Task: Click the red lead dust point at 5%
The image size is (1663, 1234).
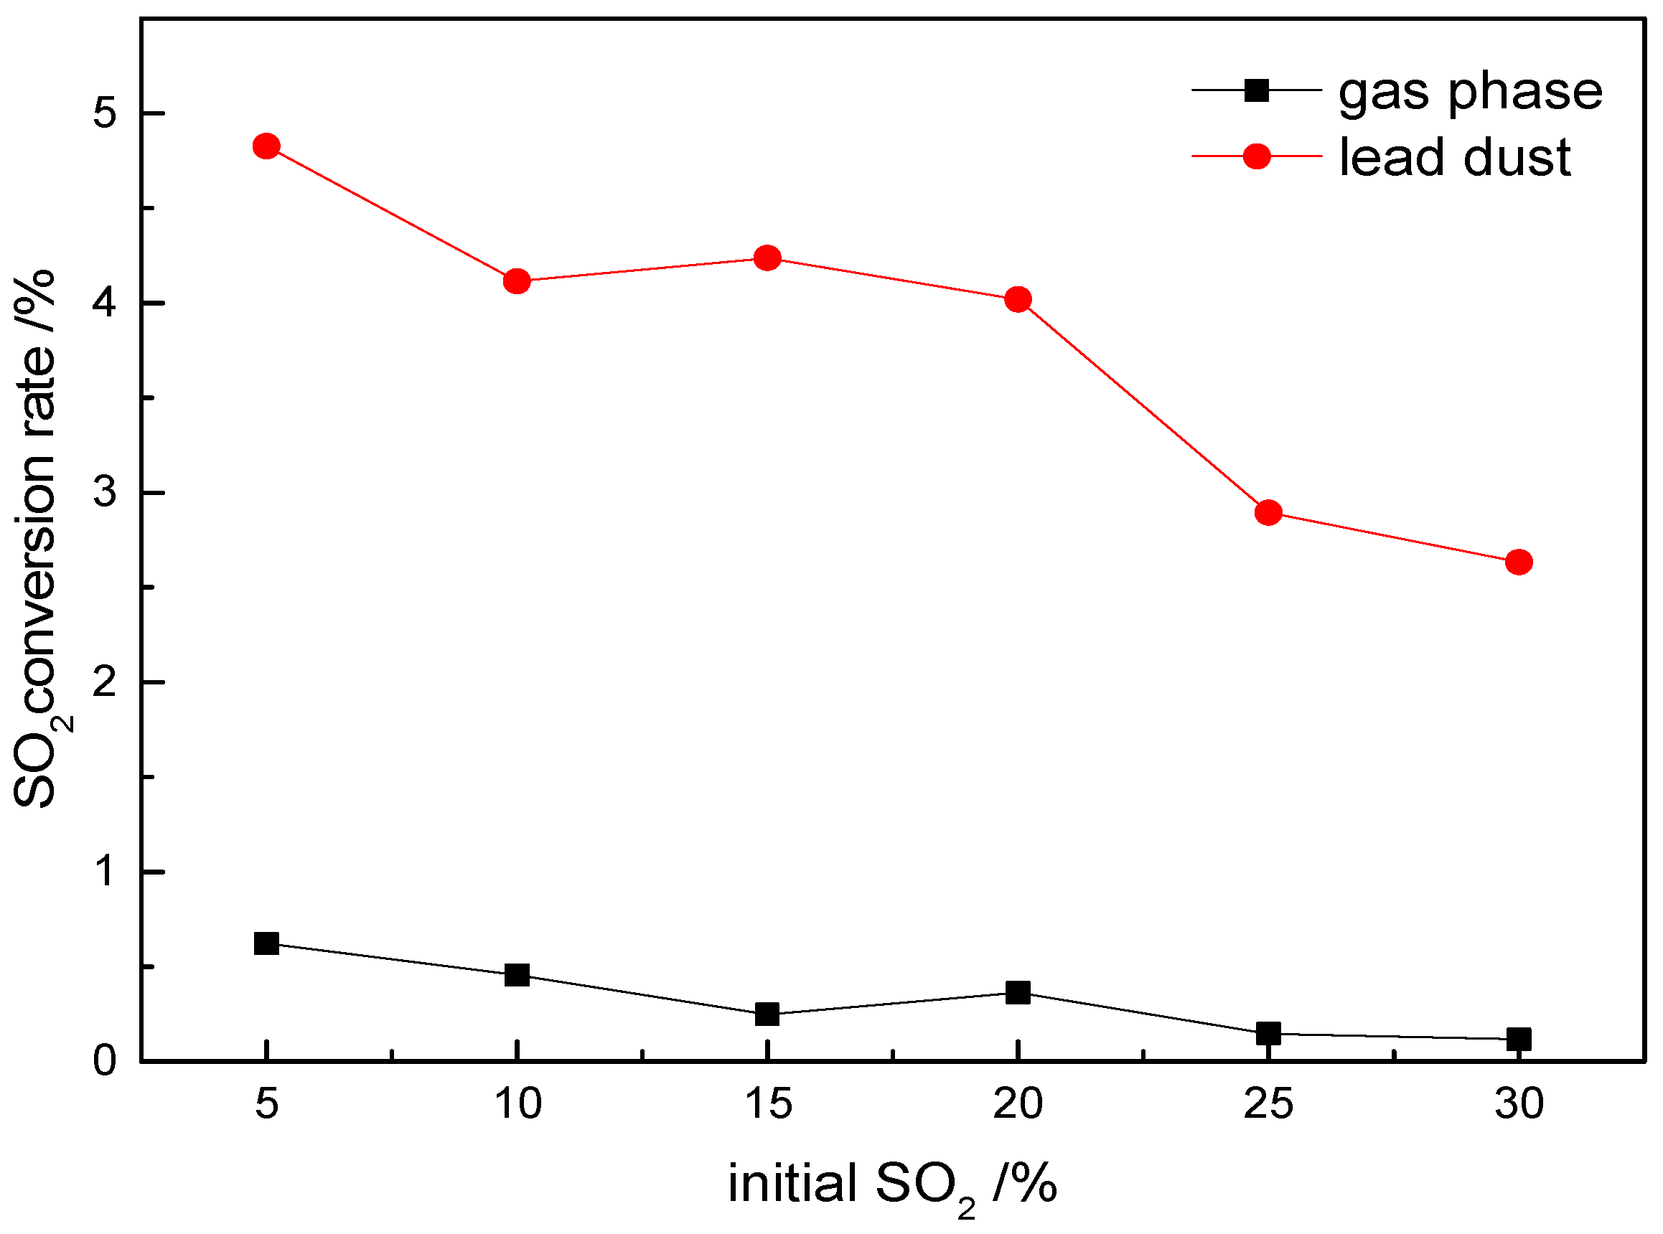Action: tap(267, 146)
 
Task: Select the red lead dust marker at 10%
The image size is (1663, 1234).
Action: tap(517, 282)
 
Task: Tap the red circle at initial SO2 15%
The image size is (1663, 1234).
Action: tap(767, 258)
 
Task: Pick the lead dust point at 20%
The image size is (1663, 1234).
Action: tap(1018, 300)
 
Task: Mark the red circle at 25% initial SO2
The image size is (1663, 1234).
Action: tap(1268, 513)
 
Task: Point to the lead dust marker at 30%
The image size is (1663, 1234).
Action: tap(1519, 562)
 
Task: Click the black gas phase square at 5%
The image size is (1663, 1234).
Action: tap(267, 943)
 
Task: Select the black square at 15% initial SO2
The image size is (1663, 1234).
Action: tap(767, 1014)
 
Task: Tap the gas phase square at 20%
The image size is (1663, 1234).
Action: tap(1018, 993)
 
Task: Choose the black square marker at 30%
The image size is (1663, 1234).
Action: tap(1519, 1039)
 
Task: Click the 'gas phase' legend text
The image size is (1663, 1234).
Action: tap(1470, 93)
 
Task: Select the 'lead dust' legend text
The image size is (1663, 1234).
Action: tap(1455, 158)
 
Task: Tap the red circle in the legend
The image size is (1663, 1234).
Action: tap(1257, 156)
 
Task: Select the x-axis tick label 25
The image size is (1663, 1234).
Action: tap(1268, 1104)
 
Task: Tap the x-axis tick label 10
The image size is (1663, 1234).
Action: tap(517, 1104)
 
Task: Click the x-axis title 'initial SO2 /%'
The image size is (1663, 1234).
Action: tap(892, 1184)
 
